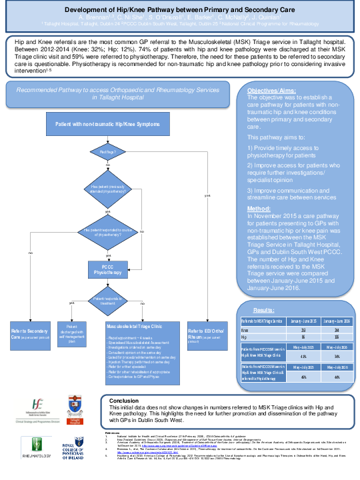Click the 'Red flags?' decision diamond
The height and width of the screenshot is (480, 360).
click(x=107, y=152)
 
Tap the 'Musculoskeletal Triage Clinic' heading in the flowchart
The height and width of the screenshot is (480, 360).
click(x=135, y=327)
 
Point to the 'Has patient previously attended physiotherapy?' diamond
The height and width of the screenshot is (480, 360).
click(x=107, y=189)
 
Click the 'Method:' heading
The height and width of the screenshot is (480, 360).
click(x=259, y=208)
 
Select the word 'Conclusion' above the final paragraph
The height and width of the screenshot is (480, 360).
click(x=126, y=401)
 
